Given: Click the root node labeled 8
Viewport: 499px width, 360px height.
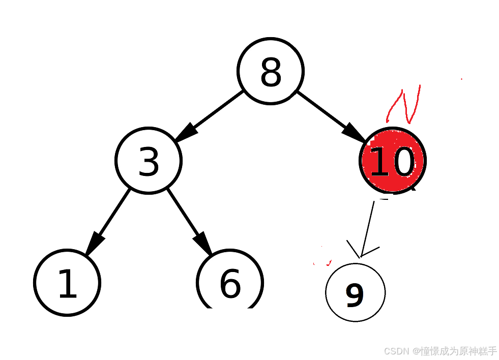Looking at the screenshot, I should pos(271,71).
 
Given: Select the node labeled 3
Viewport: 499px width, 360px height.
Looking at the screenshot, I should pos(149,161).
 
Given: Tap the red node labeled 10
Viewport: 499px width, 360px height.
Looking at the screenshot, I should pos(393,161).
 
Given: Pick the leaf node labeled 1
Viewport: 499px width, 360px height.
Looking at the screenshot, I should pos(67,283).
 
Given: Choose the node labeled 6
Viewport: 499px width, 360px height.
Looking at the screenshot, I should pos(230,282).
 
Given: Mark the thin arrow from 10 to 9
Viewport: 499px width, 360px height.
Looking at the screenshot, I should pos(368,226).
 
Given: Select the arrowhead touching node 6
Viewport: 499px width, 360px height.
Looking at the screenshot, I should pos(203,243).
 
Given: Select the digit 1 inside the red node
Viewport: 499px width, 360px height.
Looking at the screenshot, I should pos(378,162).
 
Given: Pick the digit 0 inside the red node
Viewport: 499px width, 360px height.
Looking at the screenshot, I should pos(403,162).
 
